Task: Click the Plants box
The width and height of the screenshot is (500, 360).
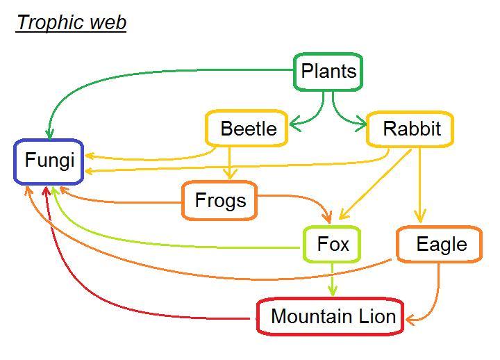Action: [328, 72]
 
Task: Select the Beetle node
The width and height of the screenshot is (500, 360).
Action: [247, 129]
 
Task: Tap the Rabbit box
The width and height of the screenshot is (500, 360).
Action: [411, 129]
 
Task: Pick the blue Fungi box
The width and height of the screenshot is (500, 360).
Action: [49, 161]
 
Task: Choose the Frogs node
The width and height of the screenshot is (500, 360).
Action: [220, 201]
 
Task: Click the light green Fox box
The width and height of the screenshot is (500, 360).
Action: [333, 245]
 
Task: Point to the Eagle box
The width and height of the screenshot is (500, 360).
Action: [440, 245]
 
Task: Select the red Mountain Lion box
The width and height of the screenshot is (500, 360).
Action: [332, 317]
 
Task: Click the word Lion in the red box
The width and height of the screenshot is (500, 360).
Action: [376, 317]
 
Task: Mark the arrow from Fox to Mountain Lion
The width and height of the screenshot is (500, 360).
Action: [333, 279]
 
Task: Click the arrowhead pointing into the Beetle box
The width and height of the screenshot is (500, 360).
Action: [294, 126]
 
